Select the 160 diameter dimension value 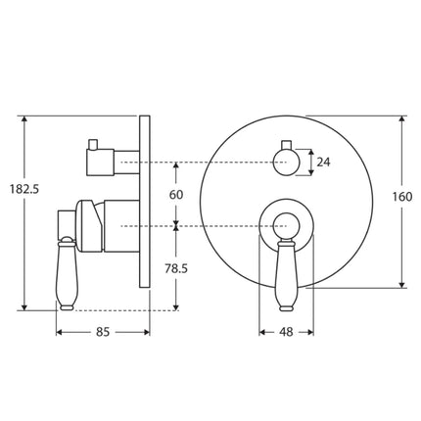point(401,196)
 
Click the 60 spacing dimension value point(176,194)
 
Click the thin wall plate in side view point(146,201)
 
